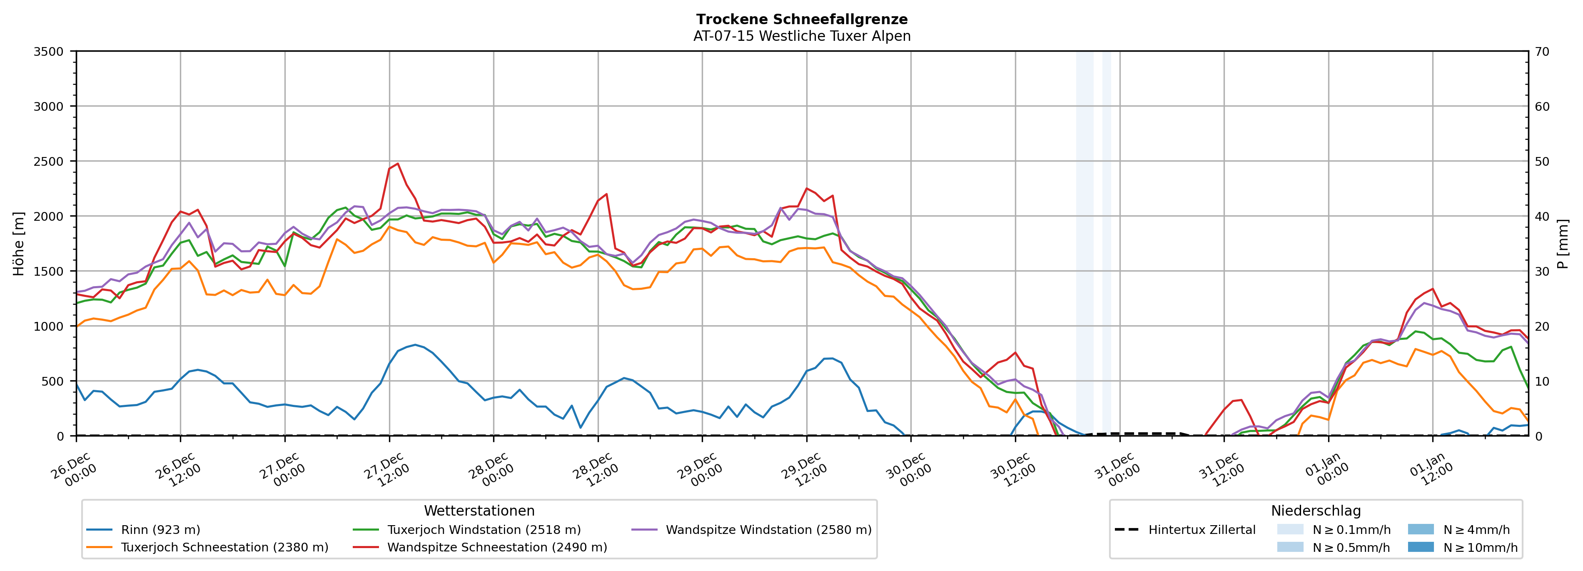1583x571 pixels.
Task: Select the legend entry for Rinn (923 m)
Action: pos(160,530)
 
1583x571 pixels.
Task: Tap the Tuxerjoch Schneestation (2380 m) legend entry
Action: pos(224,548)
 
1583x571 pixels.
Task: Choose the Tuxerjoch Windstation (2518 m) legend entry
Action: pos(484,530)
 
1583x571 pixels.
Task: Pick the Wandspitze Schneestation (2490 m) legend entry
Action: pos(496,548)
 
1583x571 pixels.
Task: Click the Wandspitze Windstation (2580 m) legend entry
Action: pos(768,530)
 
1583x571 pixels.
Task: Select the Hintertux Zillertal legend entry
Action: pos(1202,530)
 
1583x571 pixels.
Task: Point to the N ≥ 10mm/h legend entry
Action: pos(1480,548)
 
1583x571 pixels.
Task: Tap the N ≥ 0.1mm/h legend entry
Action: pos(1351,530)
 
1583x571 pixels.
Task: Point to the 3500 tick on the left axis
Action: pos(49,52)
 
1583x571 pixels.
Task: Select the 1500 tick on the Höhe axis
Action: pos(49,271)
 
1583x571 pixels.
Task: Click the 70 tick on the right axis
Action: pos(1542,52)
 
